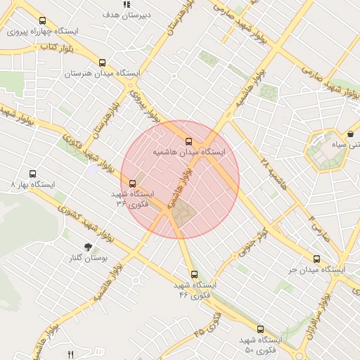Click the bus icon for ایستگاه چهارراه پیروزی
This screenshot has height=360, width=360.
[43, 21]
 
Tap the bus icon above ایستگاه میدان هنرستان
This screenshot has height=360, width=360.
[103, 62]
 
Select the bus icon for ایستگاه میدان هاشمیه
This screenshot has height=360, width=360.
[188, 140]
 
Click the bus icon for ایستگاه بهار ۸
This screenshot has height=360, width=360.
[32, 173]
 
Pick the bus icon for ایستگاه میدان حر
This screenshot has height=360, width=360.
[317, 258]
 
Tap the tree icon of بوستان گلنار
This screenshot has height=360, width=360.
[88, 247]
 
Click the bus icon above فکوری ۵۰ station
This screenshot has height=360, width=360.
[260, 328]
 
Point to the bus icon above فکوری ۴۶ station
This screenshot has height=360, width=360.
[194, 274]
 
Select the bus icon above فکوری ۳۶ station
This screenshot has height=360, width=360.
[133, 184]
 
